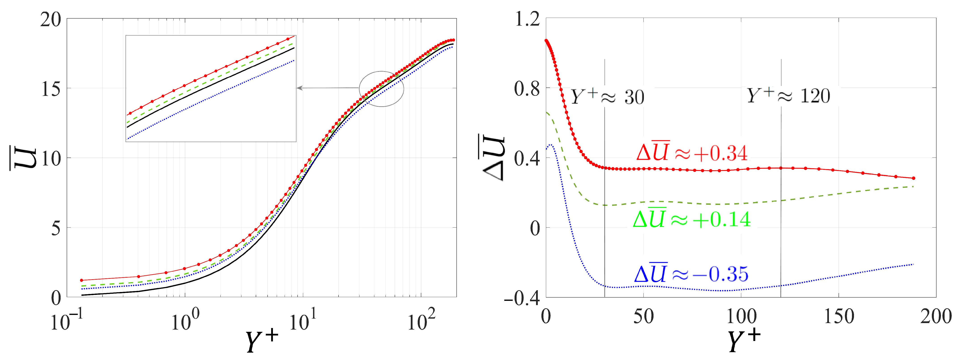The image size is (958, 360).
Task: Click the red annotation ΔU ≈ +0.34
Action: pos(692,152)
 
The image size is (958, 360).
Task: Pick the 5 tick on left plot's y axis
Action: pos(55,228)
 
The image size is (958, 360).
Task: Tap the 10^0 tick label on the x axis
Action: pos(185,320)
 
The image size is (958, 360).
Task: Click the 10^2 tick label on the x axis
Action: pos(421,320)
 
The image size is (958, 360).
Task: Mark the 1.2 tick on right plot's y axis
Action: pos(527,19)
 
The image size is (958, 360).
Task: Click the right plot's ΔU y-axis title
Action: pos(493,158)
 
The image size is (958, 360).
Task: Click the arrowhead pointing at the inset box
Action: pos(299,88)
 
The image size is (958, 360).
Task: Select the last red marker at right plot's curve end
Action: pos(913,178)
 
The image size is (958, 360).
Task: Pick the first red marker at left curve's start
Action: pos(81,280)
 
